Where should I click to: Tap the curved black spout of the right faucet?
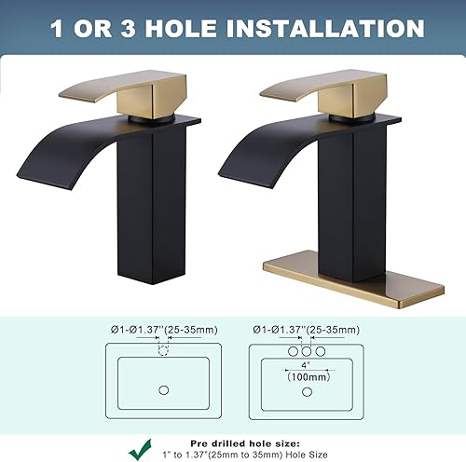point(247,154)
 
